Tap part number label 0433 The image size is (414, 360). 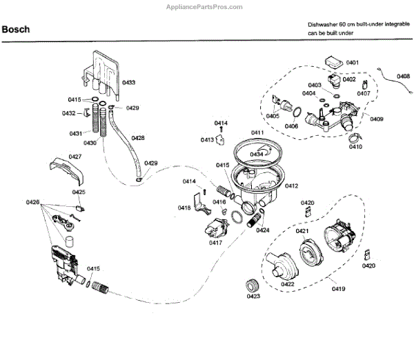128,83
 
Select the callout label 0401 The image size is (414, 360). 353,63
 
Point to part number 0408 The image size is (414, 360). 403,77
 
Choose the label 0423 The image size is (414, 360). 253,297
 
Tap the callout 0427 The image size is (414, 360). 75,157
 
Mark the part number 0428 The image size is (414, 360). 138,138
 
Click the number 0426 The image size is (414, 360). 32,202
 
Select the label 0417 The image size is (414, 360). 216,243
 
